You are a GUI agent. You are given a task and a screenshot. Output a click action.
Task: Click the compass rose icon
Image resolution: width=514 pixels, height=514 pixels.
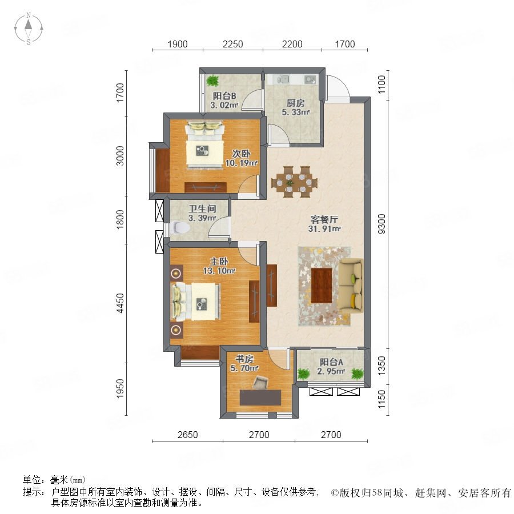tap(29, 29)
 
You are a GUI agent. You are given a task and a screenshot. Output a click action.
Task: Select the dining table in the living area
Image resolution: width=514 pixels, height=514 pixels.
tap(294, 182)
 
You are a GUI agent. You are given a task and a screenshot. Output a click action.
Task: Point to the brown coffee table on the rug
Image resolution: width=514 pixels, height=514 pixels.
tap(322, 286)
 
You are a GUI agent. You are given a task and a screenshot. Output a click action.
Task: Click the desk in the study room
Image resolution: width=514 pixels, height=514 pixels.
tap(260, 397)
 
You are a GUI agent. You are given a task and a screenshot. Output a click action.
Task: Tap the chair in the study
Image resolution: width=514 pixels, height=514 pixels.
tap(260, 382)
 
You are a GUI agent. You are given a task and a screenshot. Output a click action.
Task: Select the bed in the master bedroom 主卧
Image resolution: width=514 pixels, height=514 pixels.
tap(196, 301)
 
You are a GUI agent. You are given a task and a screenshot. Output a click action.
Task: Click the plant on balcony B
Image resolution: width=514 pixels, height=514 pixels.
tap(213, 80)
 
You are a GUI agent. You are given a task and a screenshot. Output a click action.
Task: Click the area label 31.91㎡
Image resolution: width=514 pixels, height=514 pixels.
tap(324, 229)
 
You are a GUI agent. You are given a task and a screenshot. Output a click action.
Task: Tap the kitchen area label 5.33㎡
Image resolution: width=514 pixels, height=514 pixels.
tap(296, 112)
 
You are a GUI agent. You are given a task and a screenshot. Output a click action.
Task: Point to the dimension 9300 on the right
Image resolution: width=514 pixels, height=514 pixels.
tap(382, 223)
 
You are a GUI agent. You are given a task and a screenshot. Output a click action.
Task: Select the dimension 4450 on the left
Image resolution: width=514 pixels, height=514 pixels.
tap(121, 303)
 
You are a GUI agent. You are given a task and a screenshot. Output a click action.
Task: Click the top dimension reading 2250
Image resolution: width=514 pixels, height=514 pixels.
tap(233, 44)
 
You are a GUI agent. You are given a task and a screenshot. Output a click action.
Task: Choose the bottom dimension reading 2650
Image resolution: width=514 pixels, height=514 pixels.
tap(187, 435)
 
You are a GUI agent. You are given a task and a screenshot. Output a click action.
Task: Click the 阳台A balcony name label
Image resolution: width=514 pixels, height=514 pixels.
tap(331, 362)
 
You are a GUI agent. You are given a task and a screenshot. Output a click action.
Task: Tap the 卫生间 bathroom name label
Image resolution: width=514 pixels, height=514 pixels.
tap(202, 209)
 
